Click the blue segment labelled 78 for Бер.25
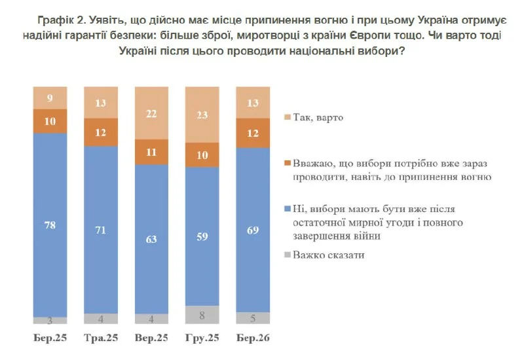point(50,225)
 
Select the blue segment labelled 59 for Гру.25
point(202,237)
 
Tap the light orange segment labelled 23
point(202,115)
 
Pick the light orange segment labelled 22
point(151,113)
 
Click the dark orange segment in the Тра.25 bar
point(101,132)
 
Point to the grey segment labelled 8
point(202,315)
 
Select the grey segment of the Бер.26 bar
point(253,318)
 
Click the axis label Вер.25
point(151,338)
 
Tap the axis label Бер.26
point(253,338)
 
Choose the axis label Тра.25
point(101,338)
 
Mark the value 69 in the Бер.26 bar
point(253,230)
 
